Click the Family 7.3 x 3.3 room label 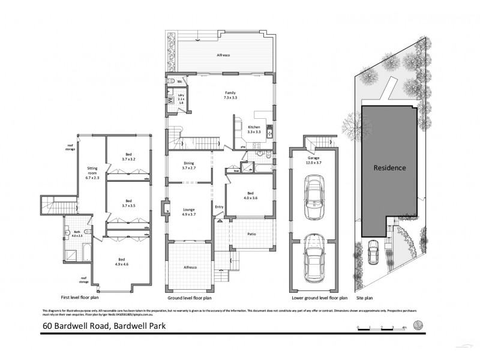click(x=229, y=95)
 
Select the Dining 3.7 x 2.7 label click(x=190, y=166)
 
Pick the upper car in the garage click(x=313, y=196)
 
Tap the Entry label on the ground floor click(x=219, y=208)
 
